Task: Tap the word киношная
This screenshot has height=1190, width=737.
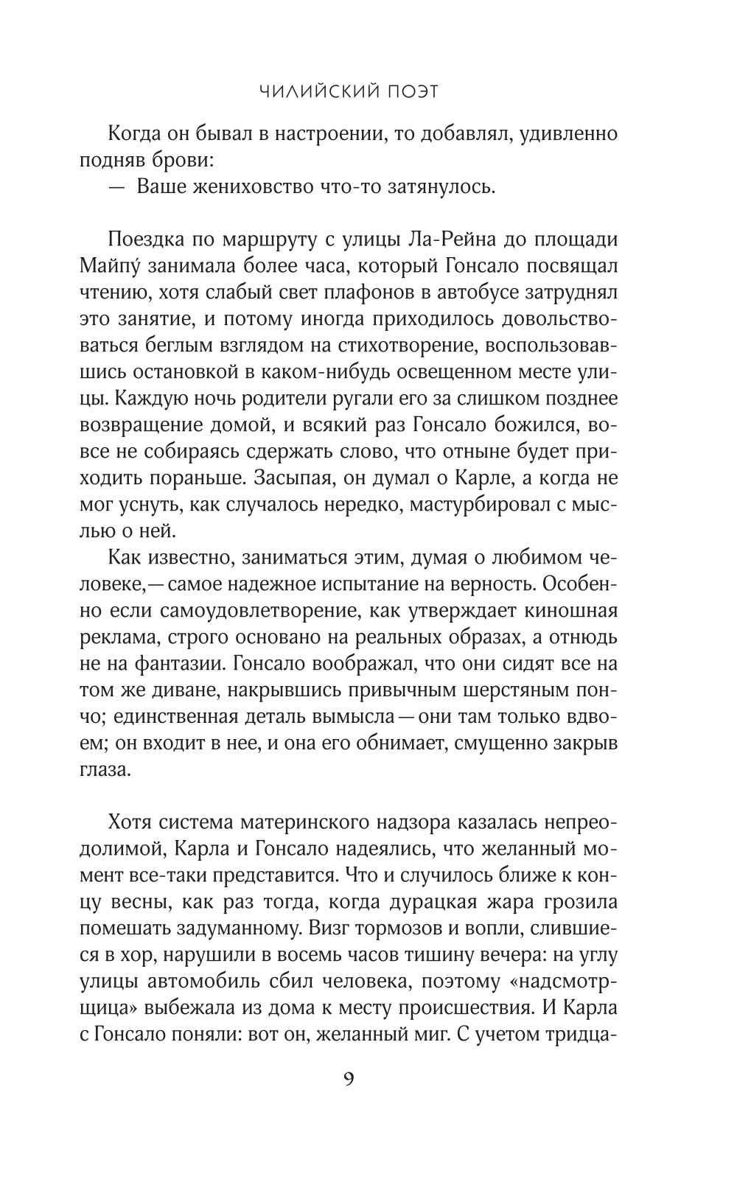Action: click(565, 611)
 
